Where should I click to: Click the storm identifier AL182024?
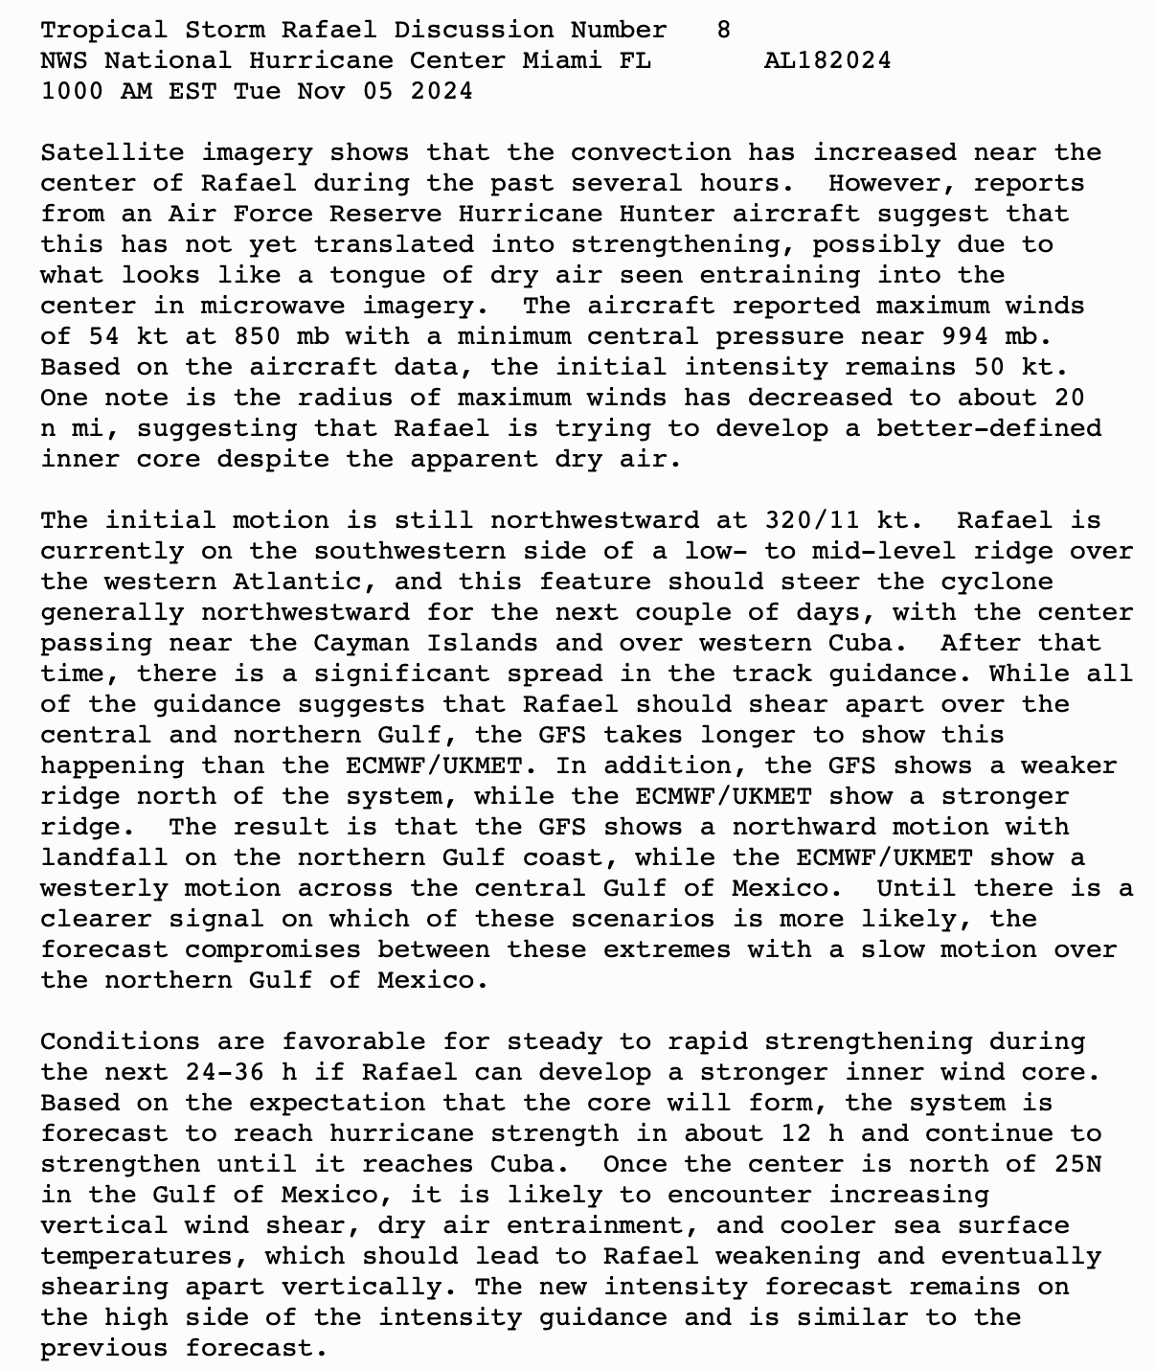click(827, 60)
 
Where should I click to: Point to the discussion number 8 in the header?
click(724, 30)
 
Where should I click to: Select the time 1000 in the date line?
click(72, 91)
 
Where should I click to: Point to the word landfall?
click(104, 857)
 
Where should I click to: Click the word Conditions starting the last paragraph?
click(120, 1041)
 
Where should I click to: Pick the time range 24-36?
click(216, 1072)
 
